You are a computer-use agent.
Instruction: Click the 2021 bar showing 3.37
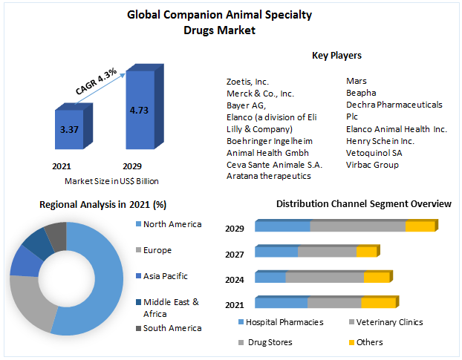click(x=69, y=131)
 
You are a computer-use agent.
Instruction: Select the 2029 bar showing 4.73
click(x=138, y=111)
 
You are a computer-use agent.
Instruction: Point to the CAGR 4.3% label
click(x=96, y=81)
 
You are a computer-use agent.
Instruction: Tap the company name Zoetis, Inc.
click(x=248, y=81)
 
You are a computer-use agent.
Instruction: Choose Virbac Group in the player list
click(x=372, y=164)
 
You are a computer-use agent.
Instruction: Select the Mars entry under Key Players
click(x=355, y=81)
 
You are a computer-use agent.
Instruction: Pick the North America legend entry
click(x=172, y=224)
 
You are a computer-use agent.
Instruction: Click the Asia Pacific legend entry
click(x=165, y=276)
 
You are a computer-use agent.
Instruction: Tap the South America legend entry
click(x=172, y=328)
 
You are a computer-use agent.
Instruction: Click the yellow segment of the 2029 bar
click(x=420, y=226)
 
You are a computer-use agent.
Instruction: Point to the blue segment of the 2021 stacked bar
click(x=281, y=302)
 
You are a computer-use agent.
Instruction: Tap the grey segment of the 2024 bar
click(x=325, y=277)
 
